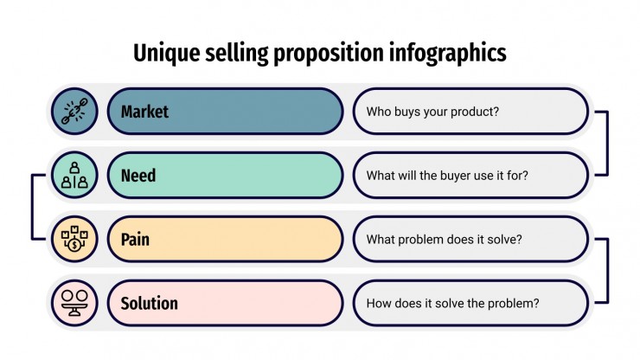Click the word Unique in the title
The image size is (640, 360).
point(167,54)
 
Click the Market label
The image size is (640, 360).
point(144,112)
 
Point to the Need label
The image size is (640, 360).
point(138,176)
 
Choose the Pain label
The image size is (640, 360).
point(135,240)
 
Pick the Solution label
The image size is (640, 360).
point(150,304)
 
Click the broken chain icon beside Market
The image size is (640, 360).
point(74,111)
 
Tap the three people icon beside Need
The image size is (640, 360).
point(74,175)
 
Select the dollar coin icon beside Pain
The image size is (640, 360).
point(74,239)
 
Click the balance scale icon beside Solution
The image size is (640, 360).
point(74,303)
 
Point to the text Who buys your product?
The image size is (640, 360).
point(432,112)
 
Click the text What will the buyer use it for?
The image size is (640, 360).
point(447,176)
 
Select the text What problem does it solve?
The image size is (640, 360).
point(444,240)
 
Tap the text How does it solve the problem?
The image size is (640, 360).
point(452,304)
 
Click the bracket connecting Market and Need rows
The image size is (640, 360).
point(607,143)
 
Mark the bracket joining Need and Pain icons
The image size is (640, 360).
point(32,207)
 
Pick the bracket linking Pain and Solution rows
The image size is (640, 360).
point(607,271)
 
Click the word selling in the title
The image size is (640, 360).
point(237,54)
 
